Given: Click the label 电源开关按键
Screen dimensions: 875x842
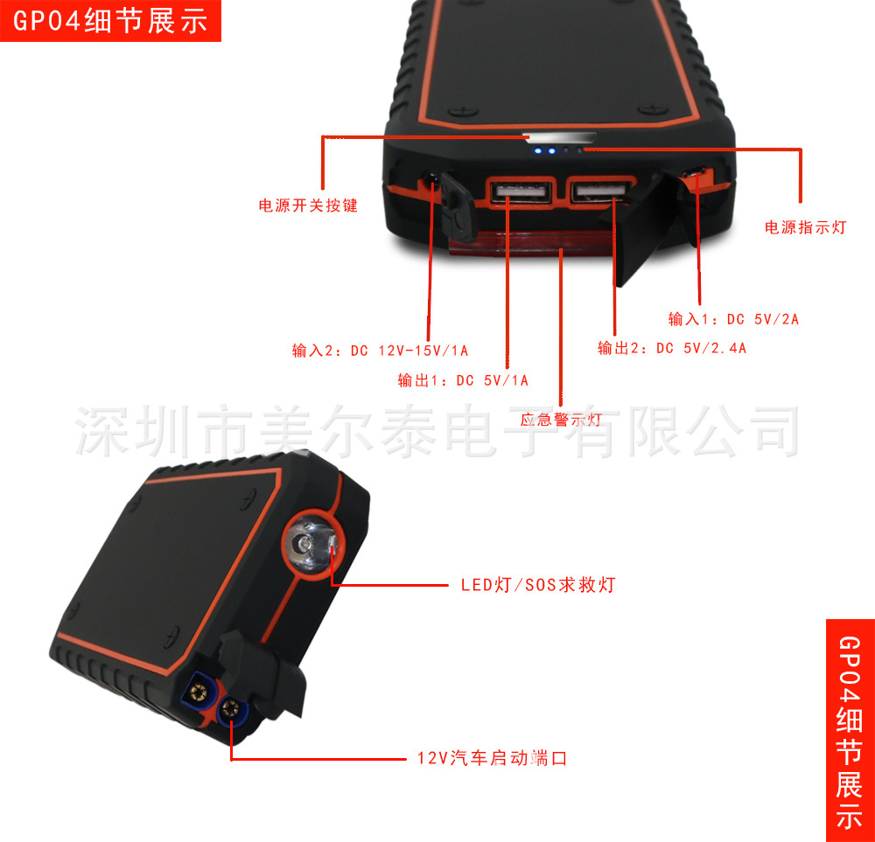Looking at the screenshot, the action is point(307,205).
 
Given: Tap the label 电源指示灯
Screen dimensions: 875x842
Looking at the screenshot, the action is point(805,227).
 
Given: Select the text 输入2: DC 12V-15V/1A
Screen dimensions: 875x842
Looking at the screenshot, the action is point(380,351).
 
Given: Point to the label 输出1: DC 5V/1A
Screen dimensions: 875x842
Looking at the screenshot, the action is point(463,380).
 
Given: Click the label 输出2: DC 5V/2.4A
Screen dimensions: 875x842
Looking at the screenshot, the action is point(672,348).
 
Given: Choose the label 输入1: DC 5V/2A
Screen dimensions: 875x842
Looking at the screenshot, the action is point(734,319).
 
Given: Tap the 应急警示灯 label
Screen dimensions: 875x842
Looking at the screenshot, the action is point(561,420).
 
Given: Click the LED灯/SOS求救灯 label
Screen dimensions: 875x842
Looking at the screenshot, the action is point(538,584).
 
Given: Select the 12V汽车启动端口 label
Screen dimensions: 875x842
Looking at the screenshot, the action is point(492,758).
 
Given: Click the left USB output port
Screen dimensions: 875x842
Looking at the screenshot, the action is point(521,191).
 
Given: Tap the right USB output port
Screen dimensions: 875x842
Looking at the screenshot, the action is point(600,191).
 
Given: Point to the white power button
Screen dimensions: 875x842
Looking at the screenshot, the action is point(560,137).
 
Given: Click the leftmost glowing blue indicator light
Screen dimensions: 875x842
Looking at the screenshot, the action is point(538,150).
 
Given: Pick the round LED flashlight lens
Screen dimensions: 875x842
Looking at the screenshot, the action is point(310,544).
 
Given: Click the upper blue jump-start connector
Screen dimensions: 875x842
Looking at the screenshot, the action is point(199,692).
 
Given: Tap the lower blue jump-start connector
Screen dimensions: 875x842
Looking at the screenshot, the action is point(231,710).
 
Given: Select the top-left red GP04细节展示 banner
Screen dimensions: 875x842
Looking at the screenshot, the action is point(110,21).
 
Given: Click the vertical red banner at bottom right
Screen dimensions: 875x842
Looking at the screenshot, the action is point(850,730).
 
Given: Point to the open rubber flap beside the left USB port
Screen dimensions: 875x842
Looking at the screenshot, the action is point(458,206).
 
